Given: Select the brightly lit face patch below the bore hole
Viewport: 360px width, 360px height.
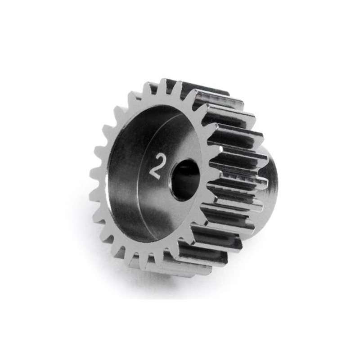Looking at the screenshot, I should click(x=180, y=216).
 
